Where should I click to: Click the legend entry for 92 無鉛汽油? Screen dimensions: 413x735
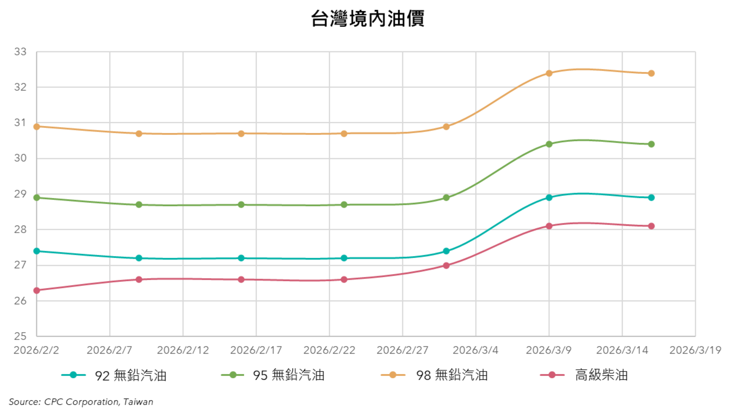(x=130, y=375)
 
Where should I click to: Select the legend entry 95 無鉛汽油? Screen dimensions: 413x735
(x=288, y=375)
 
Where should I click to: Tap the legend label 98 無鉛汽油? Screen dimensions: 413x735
(x=452, y=375)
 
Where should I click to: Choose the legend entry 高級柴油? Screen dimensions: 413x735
(x=601, y=375)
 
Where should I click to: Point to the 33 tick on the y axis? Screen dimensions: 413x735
(x=20, y=52)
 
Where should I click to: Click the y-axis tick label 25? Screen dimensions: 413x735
(x=20, y=336)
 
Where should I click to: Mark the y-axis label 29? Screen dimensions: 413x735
(x=20, y=194)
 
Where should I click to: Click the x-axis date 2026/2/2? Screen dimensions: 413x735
(x=36, y=350)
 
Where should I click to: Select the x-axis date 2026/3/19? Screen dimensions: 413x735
(x=695, y=350)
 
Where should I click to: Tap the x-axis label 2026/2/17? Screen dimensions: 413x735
(x=256, y=350)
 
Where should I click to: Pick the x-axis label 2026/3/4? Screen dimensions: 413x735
(x=476, y=350)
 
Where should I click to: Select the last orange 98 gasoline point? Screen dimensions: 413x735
(x=651, y=73)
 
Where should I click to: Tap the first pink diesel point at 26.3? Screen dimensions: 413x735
(x=37, y=290)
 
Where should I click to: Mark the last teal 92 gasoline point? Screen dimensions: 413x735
(x=651, y=198)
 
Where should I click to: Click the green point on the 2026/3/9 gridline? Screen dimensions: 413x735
(x=549, y=144)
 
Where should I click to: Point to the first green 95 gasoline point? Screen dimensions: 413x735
(x=37, y=198)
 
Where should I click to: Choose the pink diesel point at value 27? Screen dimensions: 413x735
(x=446, y=265)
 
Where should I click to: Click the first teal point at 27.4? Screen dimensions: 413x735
(x=37, y=251)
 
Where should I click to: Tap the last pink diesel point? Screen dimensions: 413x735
(x=651, y=226)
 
